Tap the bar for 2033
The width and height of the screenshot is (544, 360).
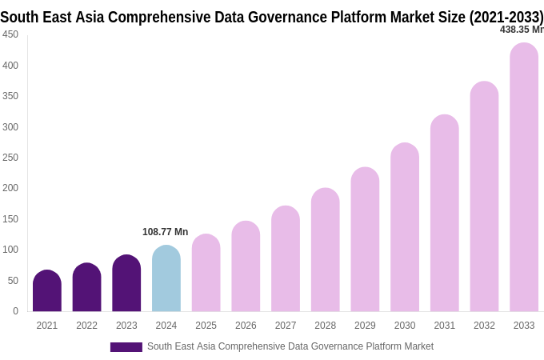point(524,178)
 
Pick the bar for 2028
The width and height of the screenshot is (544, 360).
point(326,250)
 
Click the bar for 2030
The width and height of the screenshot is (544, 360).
point(405,227)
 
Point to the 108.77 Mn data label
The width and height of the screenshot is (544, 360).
point(165,232)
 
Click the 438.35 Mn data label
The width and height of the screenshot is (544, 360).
point(521,30)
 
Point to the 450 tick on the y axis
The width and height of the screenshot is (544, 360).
point(10,34)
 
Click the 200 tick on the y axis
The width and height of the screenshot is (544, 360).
point(10,188)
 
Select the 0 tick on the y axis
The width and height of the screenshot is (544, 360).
point(15,311)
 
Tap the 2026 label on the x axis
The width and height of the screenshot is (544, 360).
point(246,326)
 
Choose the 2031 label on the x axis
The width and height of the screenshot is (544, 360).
point(445,326)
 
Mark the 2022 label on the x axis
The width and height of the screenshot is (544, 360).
point(87,326)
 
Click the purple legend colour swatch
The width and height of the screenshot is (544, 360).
point(126,347)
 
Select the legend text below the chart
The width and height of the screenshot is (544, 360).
point(290,346)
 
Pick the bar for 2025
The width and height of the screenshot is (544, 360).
point(206,273)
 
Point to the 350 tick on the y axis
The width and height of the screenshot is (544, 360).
point(10,96)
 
